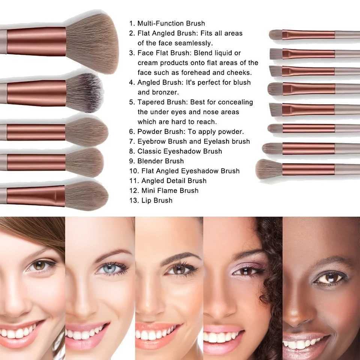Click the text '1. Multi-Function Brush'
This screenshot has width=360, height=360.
pos(167,23)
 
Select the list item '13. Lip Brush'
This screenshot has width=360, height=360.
pos(151,200)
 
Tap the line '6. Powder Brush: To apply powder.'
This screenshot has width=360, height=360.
pos(186,132)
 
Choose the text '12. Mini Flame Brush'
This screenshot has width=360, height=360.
pos(164,190)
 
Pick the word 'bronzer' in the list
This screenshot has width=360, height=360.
pos(165,92)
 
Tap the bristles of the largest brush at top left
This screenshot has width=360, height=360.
pos(92,43)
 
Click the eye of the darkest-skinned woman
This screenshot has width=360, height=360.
pos(330,278)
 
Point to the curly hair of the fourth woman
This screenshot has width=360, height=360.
pos(271,276)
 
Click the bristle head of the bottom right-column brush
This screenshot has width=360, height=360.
pos(269,169)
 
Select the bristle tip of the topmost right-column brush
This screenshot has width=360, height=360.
pos(276,34)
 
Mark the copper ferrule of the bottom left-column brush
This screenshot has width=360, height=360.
pos(36,196)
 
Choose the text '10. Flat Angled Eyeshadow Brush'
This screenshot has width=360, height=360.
pos(184,171)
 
